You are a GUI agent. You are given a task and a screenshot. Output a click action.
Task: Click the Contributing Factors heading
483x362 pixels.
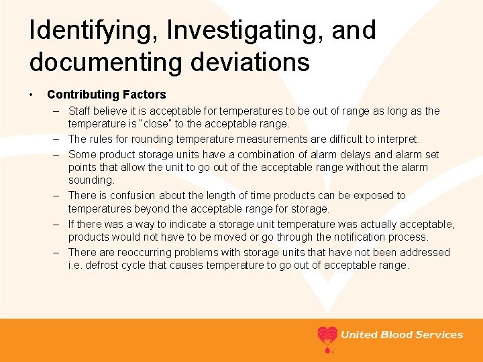tap(106, 95)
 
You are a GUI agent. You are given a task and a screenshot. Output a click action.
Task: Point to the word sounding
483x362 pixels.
tap(91, 180)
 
